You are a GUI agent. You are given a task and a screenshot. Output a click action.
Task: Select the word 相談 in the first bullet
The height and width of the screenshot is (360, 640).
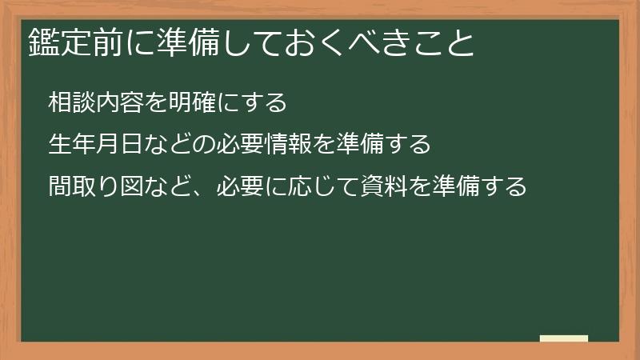[x=68, y=102]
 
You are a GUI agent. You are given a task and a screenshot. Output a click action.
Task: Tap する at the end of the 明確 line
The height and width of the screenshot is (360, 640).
[x=256, y=102]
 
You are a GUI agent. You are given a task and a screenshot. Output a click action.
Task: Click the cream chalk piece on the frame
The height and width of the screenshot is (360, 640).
[x=564, y=338]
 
